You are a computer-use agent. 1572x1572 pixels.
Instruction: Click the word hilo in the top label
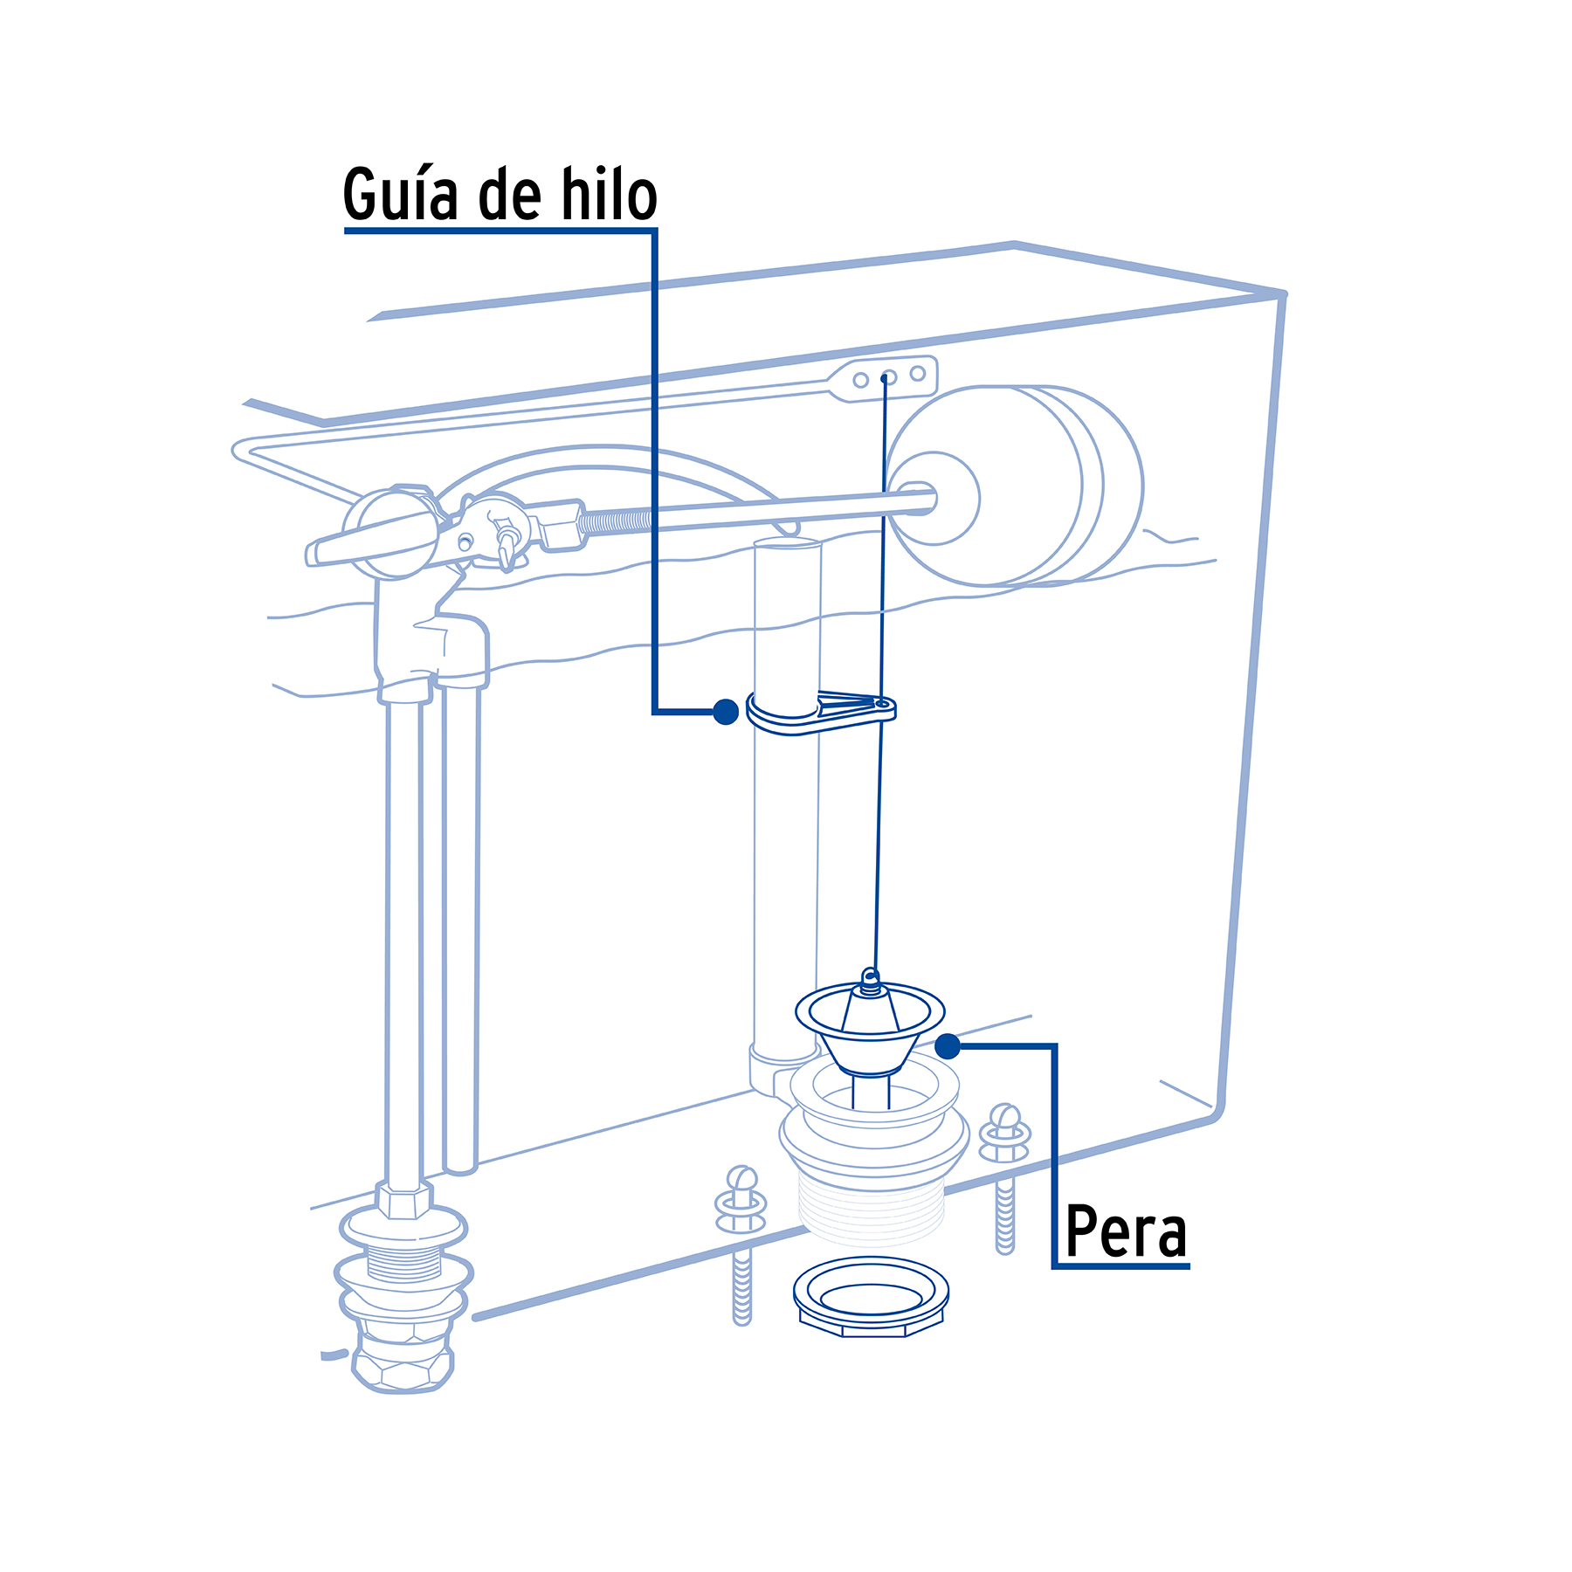point(609,194)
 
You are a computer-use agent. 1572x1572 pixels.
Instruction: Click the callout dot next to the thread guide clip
point(726,712)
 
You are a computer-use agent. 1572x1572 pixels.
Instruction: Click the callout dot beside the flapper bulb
point(948,1045)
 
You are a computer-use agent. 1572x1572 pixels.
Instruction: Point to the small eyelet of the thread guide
point(882,702)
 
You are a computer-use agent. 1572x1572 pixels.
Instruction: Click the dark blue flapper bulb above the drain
point(870,1031)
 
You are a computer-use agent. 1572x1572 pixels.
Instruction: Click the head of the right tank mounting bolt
point(1005,1119)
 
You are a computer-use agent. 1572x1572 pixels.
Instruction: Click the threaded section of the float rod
point(616,522)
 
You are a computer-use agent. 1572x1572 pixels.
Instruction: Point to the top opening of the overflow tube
point(787,543)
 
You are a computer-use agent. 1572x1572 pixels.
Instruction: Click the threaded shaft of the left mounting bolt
point(741,1284)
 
